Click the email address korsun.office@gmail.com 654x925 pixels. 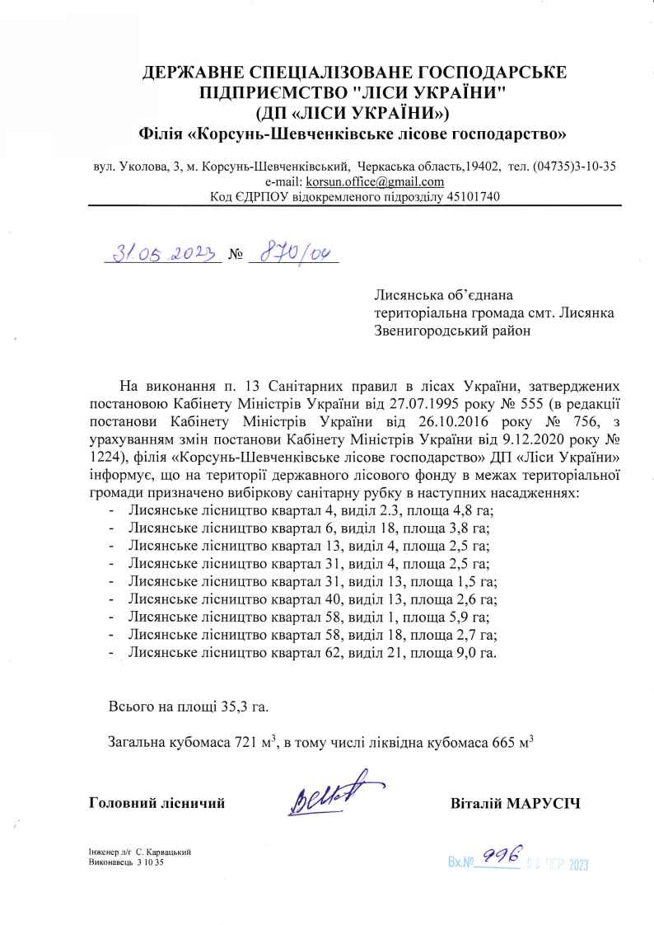coord(376,181)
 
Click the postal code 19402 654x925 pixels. coord(483,166)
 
